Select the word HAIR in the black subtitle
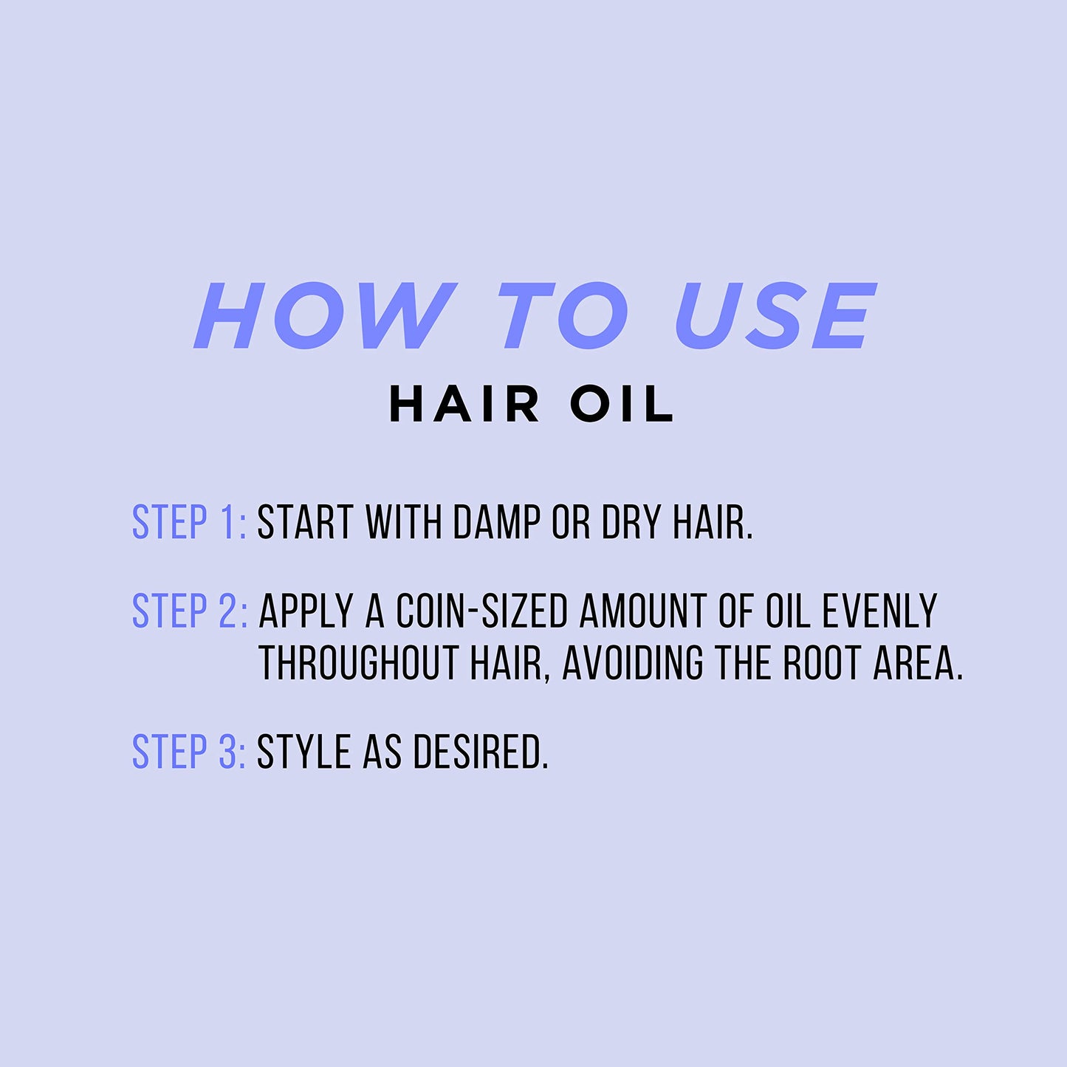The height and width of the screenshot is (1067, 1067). tap(464, 405)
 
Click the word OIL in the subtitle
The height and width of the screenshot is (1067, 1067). tap(622, 405)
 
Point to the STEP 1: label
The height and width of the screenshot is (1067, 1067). tap(189, 523)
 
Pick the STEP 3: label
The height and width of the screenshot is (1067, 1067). tap(189, 752)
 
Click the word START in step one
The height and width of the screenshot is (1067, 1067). tap(305, 523)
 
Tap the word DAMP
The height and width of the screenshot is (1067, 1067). tap(496, 523)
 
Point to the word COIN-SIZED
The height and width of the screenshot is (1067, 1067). tap(481, 611)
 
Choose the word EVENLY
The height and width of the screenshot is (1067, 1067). tap(879, 611)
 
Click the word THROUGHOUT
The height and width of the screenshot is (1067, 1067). tap(359, 662)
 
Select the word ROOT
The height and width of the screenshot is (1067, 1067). tap(823, 662)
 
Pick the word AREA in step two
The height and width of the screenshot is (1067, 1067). tap(918, 662)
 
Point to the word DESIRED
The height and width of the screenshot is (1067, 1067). tap(480, 752)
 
